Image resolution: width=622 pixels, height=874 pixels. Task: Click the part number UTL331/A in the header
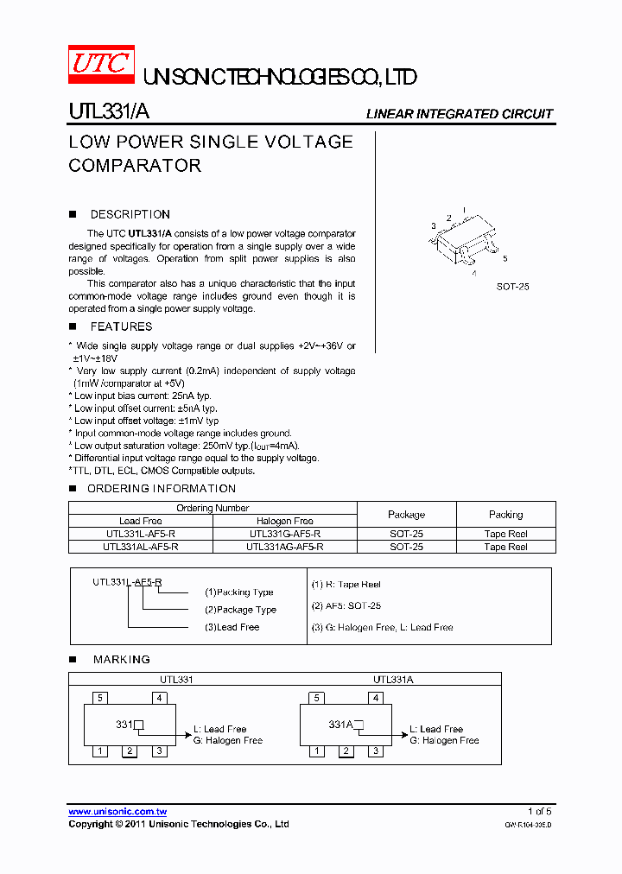pos(109,112)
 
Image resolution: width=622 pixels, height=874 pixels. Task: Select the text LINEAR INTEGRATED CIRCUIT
pos(459,114)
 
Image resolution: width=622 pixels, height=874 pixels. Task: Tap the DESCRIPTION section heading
pos(130,214)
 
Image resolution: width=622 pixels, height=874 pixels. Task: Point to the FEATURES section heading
pos(121,326)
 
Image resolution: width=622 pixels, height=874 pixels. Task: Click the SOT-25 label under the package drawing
pos(512,286)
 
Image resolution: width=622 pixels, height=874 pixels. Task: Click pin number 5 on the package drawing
pos(505,258)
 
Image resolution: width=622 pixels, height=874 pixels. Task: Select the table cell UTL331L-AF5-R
pos(140,534)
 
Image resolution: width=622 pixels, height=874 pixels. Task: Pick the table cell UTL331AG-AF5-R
pos(284,547)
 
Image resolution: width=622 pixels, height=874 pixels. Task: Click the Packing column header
pos(505,514)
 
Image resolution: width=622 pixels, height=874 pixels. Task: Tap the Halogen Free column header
pos(284,521)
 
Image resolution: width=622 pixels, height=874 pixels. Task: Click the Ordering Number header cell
pos(213,508)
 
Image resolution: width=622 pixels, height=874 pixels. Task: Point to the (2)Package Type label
pos(240,610)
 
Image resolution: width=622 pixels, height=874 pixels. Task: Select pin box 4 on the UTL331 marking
pos(160,698)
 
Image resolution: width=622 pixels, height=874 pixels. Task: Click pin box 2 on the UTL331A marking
pos(346,751)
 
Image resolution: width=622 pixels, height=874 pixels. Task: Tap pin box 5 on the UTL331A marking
pos(317,698)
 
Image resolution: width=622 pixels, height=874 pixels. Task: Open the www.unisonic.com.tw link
pos(117,812)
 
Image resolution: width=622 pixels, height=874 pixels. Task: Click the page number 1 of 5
pos(539,811)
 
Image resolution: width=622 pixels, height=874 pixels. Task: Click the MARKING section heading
pos(121,659)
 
